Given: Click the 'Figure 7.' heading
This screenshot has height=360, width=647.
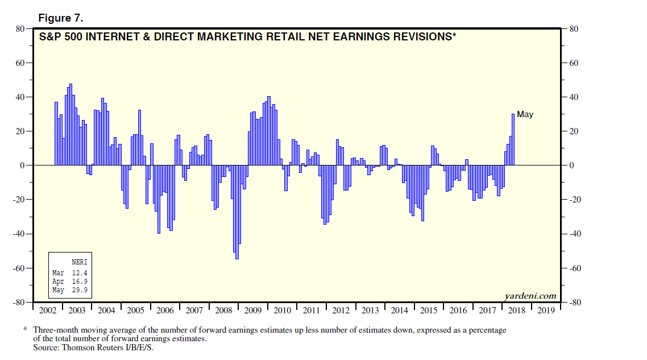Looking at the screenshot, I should coord(61,18).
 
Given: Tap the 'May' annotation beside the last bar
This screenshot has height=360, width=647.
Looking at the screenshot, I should coord(525,115).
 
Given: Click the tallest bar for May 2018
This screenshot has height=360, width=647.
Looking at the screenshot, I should coord(513,139).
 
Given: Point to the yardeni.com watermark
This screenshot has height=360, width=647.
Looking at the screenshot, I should coord(530,295).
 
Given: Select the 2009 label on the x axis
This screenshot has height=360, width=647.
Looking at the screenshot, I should coord(253,311).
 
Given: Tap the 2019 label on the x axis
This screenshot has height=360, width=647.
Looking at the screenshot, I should coord(546,311).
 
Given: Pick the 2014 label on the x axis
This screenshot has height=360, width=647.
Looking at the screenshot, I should coord(400,311).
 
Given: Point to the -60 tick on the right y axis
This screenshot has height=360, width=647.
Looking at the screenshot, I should coord(571,268).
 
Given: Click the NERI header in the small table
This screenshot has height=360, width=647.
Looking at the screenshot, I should coord(80,262).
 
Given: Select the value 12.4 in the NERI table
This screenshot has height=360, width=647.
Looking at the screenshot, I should coord(80,272).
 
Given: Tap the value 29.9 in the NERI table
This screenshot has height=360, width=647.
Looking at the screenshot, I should coord(80,291).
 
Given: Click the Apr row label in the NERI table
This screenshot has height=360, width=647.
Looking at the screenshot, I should coord(59,282).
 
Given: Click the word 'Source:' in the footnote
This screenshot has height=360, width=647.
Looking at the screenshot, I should coord(45,347).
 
